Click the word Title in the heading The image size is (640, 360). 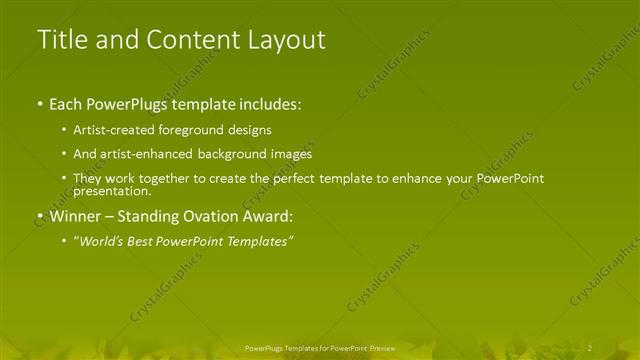coord(62,40)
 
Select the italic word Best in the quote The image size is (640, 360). coord(140,241)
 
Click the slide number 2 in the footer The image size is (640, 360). coord(589,346)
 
